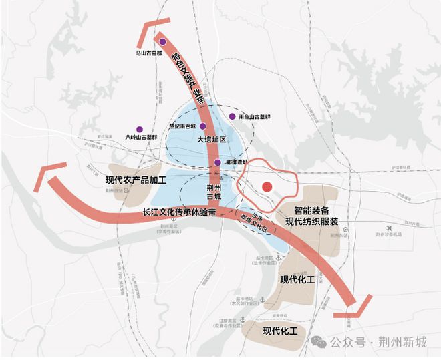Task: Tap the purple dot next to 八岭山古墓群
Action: pos(139,129)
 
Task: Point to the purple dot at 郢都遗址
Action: pos(217,162)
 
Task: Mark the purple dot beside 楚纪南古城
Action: pos(202,125)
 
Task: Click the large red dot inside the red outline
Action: pos(267,188)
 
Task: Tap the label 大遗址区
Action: pos(212,140)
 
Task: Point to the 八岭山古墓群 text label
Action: pos(141,138)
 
